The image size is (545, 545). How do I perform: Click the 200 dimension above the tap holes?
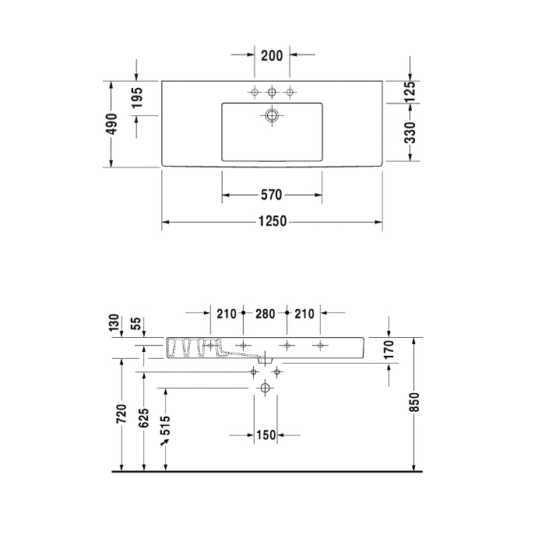coord(272,55)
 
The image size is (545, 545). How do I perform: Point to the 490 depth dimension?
coord(112,125)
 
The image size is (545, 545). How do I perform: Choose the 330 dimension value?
coord(411,132)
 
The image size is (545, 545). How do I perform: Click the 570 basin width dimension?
coord(271,195)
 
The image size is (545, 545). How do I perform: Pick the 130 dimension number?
coord(115,322)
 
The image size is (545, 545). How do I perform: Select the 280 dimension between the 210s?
coord(265,314)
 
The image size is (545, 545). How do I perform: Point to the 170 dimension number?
coord(389,349)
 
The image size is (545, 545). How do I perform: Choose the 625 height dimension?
coord(143,419)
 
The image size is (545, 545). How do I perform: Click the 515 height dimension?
coord(165,425)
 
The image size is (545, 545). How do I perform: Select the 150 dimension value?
coord(266,435)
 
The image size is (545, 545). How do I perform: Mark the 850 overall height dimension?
coord(414,401)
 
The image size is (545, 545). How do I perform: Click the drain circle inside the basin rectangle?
coord(272,116)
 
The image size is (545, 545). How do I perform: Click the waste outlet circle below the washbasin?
coord(265,388)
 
